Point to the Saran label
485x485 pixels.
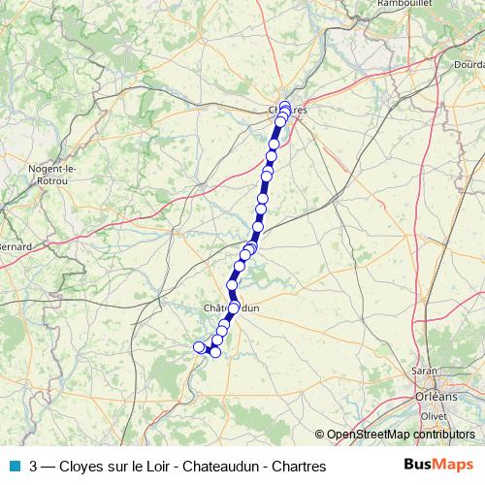pos(423,371)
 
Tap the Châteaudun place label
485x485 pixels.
pos(233,307)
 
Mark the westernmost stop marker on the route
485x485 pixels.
pos(200,346)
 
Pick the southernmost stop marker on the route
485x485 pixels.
pos(215,351)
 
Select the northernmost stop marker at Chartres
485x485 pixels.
pos(285,106)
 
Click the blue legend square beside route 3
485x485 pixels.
pos(15,466)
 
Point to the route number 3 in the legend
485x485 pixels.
pos(35,466)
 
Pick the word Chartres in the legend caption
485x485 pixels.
pos(295,466)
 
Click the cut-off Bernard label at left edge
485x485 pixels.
pos(16,246)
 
